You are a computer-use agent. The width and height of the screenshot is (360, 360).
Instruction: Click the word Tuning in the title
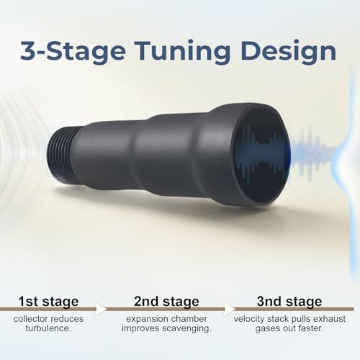(182, 52)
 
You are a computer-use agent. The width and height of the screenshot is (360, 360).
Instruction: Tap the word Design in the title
(289, 52)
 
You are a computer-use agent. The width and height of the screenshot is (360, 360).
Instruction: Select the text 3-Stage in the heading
(73, 52)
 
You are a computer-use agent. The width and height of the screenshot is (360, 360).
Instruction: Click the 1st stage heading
(48, 302)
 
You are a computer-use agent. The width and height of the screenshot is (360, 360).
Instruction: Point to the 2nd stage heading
(166, 302)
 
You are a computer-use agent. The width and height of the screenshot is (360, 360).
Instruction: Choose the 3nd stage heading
(289, 302)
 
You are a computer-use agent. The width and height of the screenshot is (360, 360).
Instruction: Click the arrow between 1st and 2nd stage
(99, 309)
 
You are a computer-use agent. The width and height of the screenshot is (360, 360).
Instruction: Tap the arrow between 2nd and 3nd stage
(228, 309)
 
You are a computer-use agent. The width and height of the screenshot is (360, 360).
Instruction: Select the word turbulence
(48, 328)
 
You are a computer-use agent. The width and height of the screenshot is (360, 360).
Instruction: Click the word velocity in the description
(249, 319)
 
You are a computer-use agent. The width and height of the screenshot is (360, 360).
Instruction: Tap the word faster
(310, 328)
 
